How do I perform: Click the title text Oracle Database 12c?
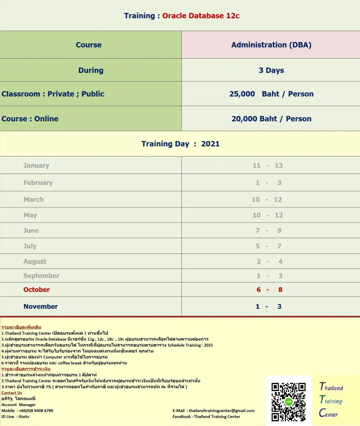point(201,16)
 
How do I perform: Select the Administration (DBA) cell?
point(271,45)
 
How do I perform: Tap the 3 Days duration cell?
point(271,70)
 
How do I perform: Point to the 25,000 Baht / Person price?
point(271,94)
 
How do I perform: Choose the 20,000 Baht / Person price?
point(271,119)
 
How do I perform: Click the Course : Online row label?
point(30,119)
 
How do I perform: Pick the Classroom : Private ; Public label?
point(53,94)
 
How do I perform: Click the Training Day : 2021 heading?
point(180,144)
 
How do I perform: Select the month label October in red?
point(37,290)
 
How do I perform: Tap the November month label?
point(40,306)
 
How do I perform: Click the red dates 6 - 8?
point(269,290)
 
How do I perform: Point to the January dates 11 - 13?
point(268,166)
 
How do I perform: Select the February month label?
point(38,183)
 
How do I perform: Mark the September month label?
point(41,276)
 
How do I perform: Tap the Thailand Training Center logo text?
point(331,400)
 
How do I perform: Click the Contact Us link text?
point(12,393)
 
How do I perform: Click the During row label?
point(91,70)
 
